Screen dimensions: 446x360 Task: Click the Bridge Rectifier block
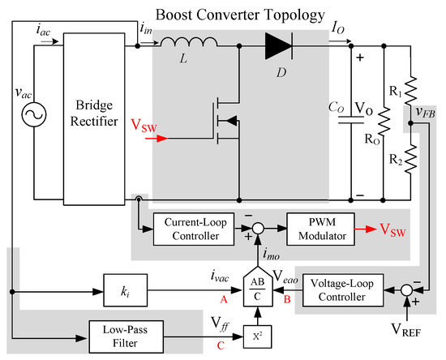(x=94, y=119)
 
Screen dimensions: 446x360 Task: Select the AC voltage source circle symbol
(x=34, y=114)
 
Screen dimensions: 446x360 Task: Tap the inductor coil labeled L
(x=189, y=42)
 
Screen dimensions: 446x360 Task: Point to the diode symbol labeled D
(x=279, y=45)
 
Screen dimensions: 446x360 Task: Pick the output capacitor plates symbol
(x=351, y=120)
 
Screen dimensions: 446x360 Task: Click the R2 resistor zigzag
(x=411, y=159)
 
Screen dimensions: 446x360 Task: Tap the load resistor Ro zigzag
(x=384, y=122)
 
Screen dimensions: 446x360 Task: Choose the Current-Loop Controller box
(x=194, y=229)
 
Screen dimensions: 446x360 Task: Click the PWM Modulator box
(x=320, y=229)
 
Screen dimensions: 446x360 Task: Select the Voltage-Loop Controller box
(x=343, y=290)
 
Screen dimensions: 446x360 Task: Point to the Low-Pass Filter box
(x=127, y=336)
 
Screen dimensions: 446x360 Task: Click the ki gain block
(x=126, y=290)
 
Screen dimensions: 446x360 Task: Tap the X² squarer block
(x=257, y=336)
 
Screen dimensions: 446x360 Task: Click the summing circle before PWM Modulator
(x=258, y=229)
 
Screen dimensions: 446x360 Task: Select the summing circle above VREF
(x=407, y=290)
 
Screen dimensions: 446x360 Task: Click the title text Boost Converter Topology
(x=240, y=15)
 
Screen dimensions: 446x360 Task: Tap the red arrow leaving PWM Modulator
(x=366, y=229)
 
